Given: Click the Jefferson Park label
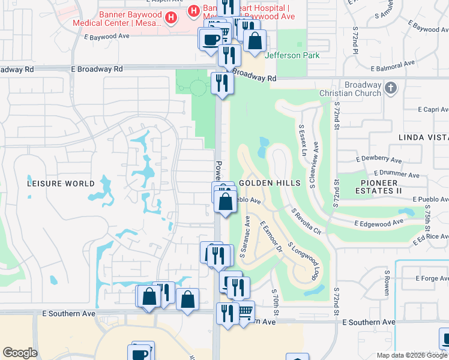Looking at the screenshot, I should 292,55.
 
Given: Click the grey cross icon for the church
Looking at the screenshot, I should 391,88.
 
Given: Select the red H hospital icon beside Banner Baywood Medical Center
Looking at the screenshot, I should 171,18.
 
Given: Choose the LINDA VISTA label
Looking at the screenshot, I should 423,137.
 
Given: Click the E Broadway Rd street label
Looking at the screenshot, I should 97,69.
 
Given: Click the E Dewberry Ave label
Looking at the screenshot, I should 379,160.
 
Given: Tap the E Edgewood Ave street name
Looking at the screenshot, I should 379,223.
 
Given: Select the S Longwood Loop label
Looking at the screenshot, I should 303,262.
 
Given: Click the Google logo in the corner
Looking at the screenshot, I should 20,353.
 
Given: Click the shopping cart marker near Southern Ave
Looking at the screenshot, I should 245,312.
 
